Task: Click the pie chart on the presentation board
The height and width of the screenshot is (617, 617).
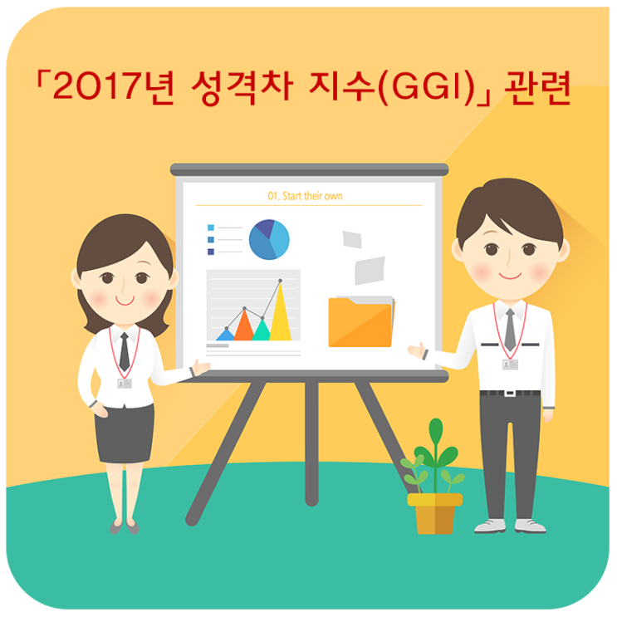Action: tap(269, 239)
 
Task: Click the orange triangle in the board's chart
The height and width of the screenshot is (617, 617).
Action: tap(244, 326)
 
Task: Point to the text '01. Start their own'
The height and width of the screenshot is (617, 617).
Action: tap(305, 196)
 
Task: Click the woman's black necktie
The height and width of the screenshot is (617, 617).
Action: tap(124, 351)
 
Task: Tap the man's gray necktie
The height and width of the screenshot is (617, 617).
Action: tap(510, 330)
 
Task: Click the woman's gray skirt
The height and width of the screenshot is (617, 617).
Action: tap(125, 431)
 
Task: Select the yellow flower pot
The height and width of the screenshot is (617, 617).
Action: tap(434, 513)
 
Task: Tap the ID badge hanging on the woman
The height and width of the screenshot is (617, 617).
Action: tap(125, 383)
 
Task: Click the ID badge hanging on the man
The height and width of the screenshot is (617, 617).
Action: tap(510, 364)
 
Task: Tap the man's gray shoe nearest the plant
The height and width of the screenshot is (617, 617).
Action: tap(490, 525)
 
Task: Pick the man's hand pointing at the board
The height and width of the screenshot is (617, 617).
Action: tap(417, 350)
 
